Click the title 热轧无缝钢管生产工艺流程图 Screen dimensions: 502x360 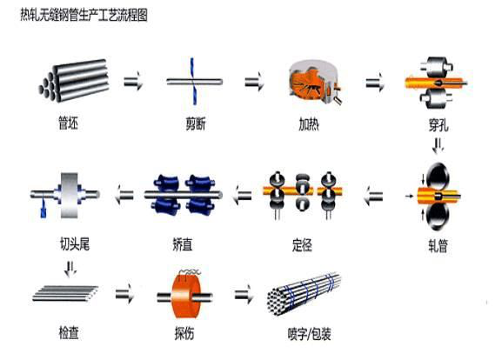[84, 15]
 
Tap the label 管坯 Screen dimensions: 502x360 [68, 123]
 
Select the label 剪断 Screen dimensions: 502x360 [196, 123]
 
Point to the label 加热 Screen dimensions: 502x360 [309, 124]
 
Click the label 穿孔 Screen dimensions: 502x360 [438, 125]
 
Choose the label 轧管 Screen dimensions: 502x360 [438, 246]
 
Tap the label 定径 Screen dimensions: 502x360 [302, 245]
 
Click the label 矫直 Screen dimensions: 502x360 [183, 245]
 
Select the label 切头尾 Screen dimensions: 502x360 [75, 243]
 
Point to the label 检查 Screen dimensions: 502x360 [69, 332]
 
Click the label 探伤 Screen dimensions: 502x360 [184, 333]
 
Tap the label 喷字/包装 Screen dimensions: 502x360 [309, 334]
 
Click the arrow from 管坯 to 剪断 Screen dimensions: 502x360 [133, 81]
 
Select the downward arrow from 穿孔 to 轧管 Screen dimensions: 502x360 [438, 145]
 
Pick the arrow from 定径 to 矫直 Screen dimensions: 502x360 [243, 195]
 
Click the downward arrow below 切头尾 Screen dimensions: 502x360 [70, 269]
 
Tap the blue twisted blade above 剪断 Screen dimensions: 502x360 [193, 81]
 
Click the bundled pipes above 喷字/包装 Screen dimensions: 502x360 [304, 293]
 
